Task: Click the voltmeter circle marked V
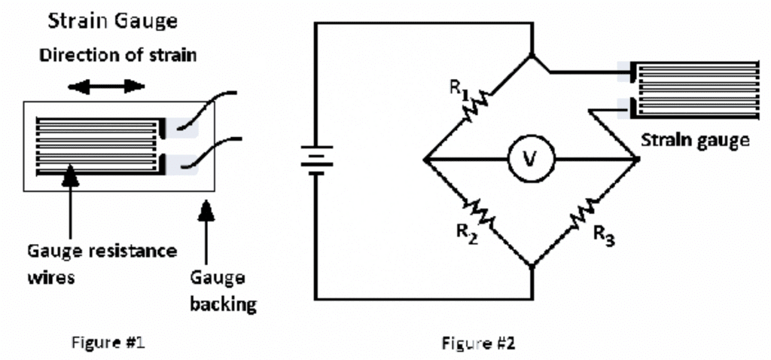[529, 160]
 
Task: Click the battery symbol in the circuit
[317, 160]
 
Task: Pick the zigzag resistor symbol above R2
[480, 212]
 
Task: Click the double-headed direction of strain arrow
[106, 86]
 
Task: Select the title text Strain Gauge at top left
[113, 21]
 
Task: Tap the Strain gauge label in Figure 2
[694, 140]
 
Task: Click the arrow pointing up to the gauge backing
[206, 226]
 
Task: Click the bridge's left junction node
[425, 160]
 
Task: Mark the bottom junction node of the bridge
[532, 265]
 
